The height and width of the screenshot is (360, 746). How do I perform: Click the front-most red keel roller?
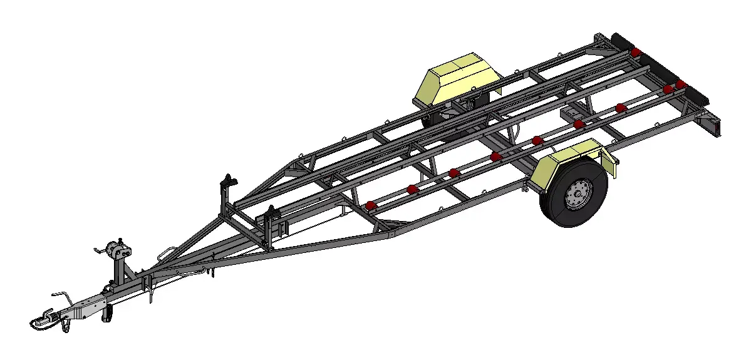tap(370, 205)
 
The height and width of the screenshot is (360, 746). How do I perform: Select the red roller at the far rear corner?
tap(636, 52)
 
